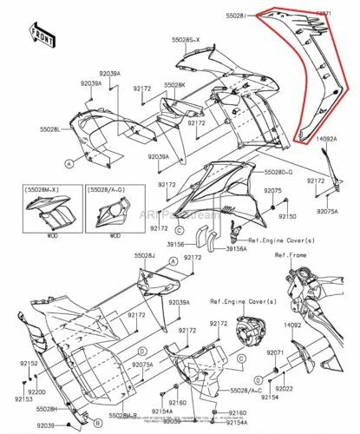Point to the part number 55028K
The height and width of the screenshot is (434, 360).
tap(174, 84)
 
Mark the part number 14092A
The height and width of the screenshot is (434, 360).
tap(327, 139)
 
